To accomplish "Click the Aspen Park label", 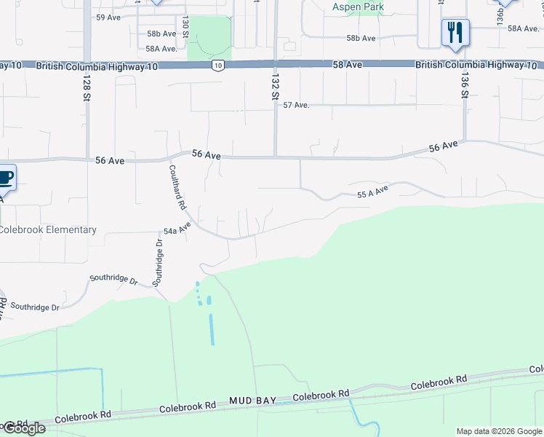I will (358, 7).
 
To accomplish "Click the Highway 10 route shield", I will (217, 66).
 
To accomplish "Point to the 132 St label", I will (275, 87).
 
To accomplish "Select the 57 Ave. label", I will (297, 105).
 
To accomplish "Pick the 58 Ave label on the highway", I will (348, 65).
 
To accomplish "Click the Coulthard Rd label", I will (177, 187).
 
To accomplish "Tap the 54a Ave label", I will (177, 229).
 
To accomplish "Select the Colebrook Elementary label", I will (48, 230).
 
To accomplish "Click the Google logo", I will (24, 428).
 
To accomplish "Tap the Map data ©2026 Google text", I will (498, 431).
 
